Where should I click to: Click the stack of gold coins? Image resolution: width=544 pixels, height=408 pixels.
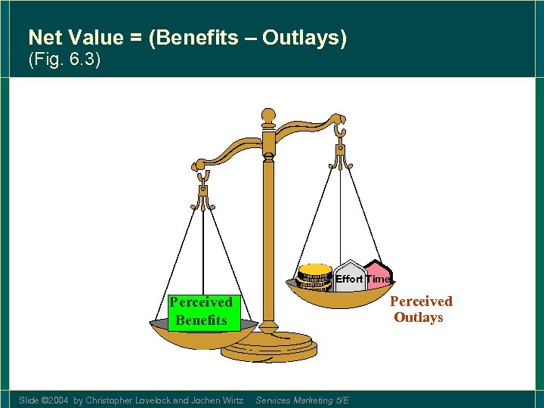click(315, 277)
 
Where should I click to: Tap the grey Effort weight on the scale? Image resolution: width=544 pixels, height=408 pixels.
click(349, 279)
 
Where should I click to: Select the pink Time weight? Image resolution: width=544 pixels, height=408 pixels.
click(379, 278)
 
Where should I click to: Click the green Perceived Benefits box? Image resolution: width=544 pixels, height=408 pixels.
click(201, 311)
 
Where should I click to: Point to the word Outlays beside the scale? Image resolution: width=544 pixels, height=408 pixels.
click(419, 317)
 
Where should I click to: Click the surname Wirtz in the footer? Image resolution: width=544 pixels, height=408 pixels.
click(230, 400)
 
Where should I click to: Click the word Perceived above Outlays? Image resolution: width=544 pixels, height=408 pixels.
click(421, 301)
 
